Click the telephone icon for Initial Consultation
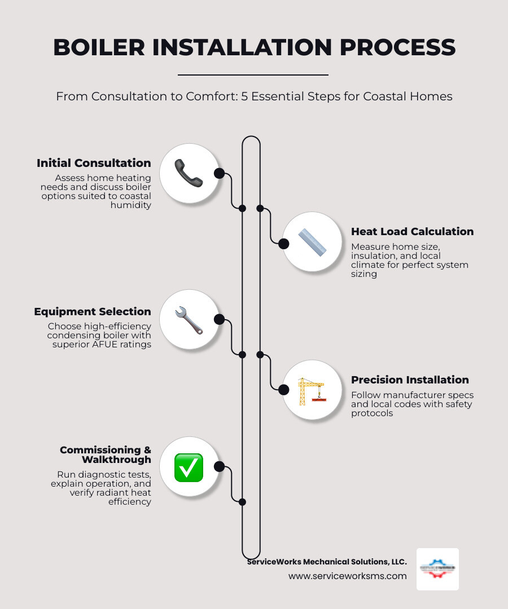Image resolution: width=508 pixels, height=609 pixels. [189, 173]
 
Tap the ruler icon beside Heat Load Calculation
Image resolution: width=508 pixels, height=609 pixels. [312, 242]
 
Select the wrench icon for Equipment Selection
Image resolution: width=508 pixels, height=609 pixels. [189, 320]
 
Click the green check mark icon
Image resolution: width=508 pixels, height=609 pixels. [189, 467]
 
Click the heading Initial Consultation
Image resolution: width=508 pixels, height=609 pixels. [94, 163]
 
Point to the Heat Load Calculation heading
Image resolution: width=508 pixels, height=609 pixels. [412, 231]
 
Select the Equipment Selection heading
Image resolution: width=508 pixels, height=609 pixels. [93, 311]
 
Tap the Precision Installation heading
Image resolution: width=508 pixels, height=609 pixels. [410, 379]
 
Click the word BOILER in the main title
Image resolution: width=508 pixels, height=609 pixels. [102, 48]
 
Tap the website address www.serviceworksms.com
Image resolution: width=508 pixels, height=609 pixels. [347, 576]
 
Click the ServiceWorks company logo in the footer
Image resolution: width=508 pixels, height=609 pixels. [437, 569]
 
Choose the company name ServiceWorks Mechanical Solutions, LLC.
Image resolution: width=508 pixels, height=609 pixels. [327, 562]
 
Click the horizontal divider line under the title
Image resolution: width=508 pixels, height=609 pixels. [253, 74]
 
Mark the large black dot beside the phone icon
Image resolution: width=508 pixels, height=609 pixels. [219, 173]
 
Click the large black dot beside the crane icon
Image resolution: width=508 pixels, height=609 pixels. [284, 389]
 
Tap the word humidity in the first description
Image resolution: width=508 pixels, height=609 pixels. [130, 205]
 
